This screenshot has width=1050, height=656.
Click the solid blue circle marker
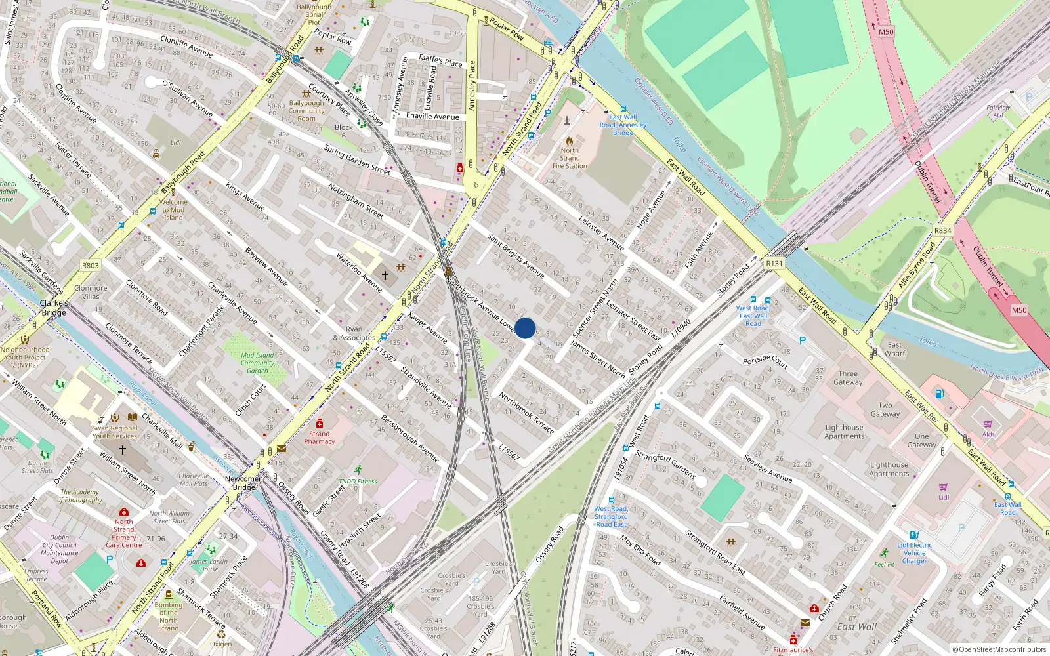point(525,328)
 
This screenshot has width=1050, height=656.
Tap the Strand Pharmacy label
point(320,438)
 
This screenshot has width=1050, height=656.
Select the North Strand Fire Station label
point(570,158)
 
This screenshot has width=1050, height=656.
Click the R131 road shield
point(774,264)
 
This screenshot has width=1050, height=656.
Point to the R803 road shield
point(91,266)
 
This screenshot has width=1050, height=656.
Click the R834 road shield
point(943,231)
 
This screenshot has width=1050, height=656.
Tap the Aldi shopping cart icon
point(988,424)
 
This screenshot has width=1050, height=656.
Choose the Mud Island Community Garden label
point(257,363)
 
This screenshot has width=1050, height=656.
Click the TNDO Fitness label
point(358,481)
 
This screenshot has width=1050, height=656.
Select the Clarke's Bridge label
point(54,308)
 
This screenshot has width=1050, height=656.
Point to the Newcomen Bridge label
point(244,483)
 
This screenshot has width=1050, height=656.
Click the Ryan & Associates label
point(354,334)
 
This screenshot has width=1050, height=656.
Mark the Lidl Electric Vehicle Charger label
point(915,553)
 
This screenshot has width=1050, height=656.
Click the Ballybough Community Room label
point(306,111)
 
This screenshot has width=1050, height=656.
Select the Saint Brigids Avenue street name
point(516,255)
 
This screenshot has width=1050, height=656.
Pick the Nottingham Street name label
point(356,201)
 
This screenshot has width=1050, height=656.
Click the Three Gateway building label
point(848,378)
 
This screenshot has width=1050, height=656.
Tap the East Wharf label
point(894,349)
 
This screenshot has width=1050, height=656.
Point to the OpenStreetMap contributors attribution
point(999,649)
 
